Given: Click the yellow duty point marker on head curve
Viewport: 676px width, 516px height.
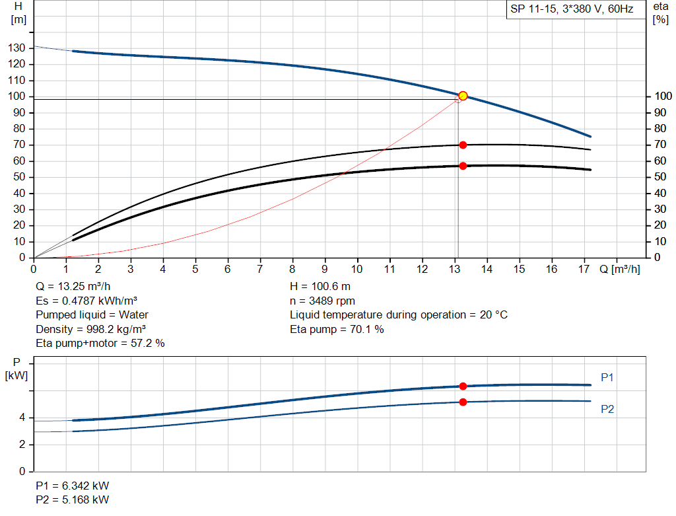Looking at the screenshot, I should tap(463, 96).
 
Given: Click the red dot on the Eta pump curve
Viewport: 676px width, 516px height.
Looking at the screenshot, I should tap(463, 145).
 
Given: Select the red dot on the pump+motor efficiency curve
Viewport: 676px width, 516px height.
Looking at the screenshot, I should tap(463, 166).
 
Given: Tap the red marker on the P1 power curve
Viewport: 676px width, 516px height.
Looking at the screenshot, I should tap(463, 386).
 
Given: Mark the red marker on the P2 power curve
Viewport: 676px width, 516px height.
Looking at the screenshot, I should tap(463, 402).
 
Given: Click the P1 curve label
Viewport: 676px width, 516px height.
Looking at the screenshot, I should tap(607, 377).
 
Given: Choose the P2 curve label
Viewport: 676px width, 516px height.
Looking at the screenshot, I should tap(607, 410).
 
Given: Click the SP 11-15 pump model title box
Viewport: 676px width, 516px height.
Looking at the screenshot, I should tap(572, 10).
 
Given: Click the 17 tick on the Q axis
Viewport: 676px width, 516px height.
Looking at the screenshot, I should tap(584, 269).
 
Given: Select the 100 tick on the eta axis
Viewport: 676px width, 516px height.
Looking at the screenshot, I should tap(660, 97).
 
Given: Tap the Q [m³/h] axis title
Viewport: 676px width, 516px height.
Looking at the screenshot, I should tap(620, 269).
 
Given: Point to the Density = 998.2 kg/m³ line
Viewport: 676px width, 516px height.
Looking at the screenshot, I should tap(90, 329).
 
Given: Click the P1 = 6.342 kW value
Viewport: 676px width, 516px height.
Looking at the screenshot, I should tap(73, 486).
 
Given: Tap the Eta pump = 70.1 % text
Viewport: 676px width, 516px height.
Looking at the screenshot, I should tap(337, 329).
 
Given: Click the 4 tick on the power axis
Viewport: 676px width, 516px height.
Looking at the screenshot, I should tap(22, 418).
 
